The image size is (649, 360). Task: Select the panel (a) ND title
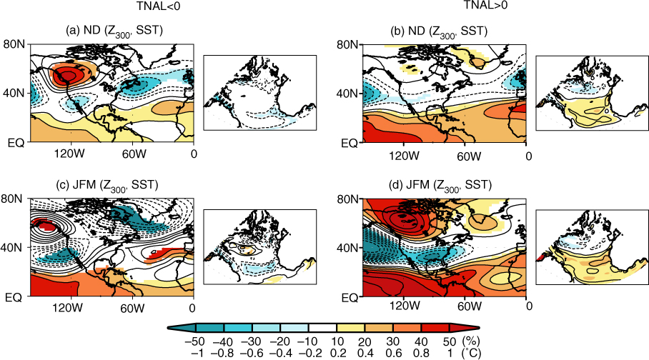(x=114, y=31)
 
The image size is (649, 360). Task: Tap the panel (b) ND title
(x=439, y=31)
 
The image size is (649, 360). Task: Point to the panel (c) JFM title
(x=107, y=185)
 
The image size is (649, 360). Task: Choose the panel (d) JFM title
(x=440, y=185)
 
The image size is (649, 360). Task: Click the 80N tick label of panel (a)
(x=14, y=44)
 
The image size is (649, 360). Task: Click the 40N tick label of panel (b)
(x=347, y=94)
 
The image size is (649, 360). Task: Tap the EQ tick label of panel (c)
(x=14, y=297)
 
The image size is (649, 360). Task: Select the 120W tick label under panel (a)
(x=70, y=154)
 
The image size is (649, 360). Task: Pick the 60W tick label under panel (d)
(x=469, y=306)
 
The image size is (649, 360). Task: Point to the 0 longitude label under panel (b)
(x=528, y=156)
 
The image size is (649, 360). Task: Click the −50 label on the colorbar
(x=195, y=342)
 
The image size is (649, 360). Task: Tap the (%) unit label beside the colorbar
(x=471, y=342)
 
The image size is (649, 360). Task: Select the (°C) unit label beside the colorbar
(x=472, y=354)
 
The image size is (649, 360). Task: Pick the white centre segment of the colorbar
(x=322, y=328)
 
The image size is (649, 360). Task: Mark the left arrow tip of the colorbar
(x=168, y=328)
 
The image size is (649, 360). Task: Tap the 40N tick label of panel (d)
(x=347, y=248)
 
